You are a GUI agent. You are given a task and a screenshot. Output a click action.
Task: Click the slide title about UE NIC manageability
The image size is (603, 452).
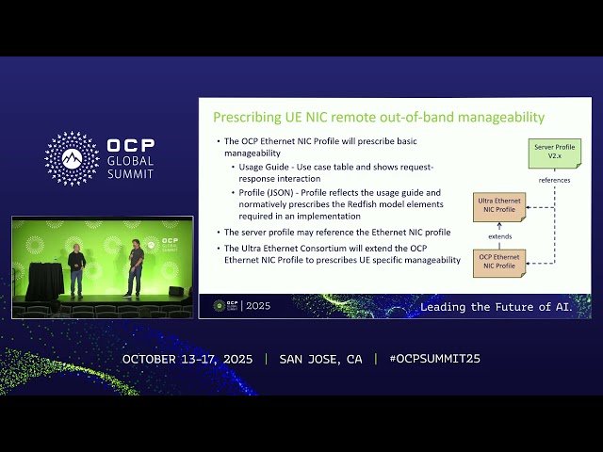click(378, 118)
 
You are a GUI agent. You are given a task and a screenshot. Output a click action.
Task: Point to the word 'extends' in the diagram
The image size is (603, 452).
click(499, 236)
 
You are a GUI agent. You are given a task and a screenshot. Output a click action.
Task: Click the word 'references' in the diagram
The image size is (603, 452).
click(555, 179)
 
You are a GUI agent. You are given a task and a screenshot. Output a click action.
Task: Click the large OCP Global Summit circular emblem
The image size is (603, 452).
click(72, 158)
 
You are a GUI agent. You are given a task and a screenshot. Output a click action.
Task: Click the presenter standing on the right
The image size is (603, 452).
click(135, 266)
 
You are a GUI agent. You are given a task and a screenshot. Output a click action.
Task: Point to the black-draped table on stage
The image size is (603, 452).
click(44, 281)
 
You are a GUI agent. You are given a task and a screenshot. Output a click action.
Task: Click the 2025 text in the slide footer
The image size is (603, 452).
click(257, 306)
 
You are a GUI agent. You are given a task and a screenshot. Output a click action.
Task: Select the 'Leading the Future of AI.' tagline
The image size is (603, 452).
click(503, 307)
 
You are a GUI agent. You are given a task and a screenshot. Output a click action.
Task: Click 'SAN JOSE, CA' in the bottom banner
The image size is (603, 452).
click(320, 359)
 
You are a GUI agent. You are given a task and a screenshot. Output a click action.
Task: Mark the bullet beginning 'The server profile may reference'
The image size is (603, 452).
click(337, 232)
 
